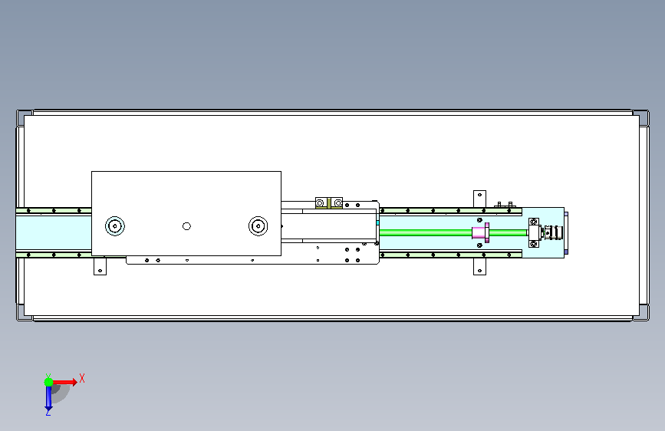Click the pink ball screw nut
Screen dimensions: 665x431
(x=480, y=232)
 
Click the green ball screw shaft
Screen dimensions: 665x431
(x=453, y=232)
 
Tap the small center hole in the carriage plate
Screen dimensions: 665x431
(x=186, y=226)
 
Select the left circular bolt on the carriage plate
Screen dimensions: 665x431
(x=115, y=226)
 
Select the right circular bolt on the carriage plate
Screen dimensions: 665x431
(x=258, y=226)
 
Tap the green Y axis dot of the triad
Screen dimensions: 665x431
(x=49, y=382)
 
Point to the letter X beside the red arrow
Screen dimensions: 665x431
(x=82, y=378)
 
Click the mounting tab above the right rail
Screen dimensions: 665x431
(x=479, y=199)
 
